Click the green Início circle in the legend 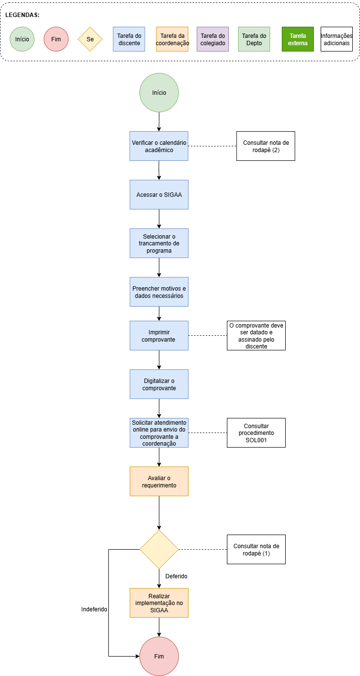(x=22, y=39)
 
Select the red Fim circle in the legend (x=56, y=39)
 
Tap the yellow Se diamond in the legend (x=90, y=39)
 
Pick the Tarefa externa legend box (x=297, y=39)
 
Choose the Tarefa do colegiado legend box (x=213, y=39)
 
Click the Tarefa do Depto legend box (x=254, y=39)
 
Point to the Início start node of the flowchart (x=159, y=93)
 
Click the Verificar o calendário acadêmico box (x=159, y=146)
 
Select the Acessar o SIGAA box (x=159, y=195)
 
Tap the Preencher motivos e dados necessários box (x=159, y=292)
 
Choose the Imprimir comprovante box (x=159, y=336)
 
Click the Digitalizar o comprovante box (x=159, y=384)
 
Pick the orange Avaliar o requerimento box (x=159, y=481)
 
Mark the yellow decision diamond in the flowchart (x=159, y=549)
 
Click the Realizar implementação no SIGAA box (x=159, y=603)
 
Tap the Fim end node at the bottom (x=159, y=656)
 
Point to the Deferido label (x=176, y=576)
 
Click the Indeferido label (x=94, y=609)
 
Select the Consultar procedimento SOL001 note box (x=256, y=433)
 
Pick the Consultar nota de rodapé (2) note (x=266, y=146)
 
